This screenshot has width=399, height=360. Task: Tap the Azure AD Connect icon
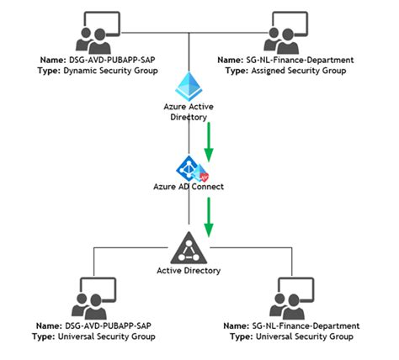click(x=191, y=168)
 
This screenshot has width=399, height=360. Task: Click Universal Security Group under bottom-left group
click(x=113, y=336)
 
